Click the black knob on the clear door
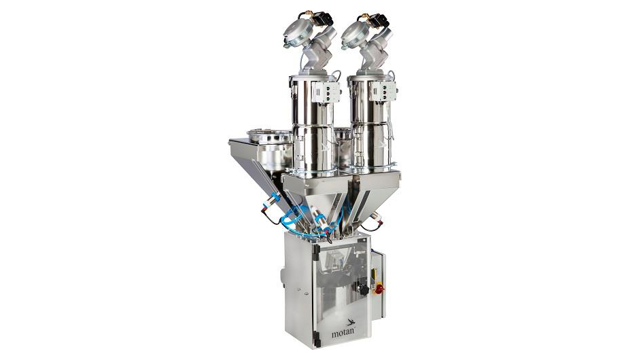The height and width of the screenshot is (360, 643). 363,289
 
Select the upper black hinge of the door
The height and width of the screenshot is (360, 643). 316,249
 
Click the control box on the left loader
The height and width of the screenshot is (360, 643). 326,92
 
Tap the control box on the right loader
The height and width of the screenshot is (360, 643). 383,91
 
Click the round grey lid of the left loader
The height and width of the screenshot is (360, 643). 297,33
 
